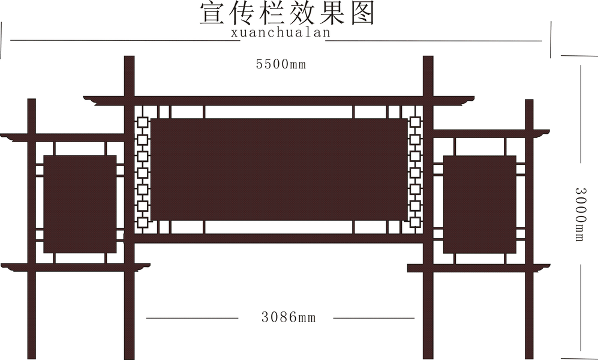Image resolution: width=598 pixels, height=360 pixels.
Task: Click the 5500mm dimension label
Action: pos(281,64)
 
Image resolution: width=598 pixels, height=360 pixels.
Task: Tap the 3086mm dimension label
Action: pos(288,317)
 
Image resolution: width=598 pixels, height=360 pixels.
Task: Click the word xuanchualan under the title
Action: pos(281,33)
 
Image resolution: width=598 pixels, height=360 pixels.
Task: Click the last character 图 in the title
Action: pos(362,13)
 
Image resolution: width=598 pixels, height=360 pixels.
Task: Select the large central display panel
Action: pos(279,169)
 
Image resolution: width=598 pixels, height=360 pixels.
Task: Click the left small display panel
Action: pos(80,204)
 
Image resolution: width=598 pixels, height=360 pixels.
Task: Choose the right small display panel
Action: pos(479,204)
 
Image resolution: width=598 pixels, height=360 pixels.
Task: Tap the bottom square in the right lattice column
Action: pos(414,223)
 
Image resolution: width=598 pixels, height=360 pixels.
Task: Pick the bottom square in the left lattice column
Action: pos(143,223)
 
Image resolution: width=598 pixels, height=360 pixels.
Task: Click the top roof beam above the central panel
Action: pos(279,100)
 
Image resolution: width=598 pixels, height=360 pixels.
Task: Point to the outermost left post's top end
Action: pos(31,103)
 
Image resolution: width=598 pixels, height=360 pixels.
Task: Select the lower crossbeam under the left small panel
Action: pos(75,266)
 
